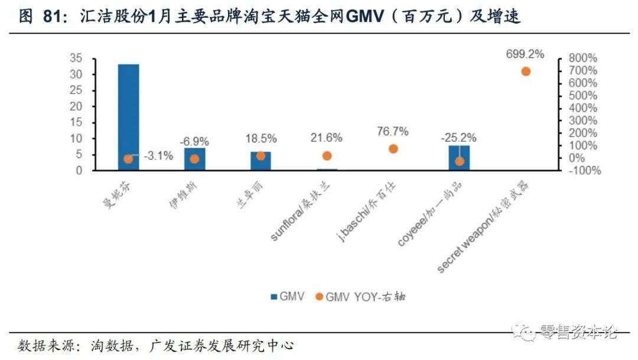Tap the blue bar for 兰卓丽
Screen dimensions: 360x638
(261, 161)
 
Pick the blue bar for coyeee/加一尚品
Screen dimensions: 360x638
(459, 158)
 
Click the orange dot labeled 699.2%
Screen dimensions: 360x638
(525, 72)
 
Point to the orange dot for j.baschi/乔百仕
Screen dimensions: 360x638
(393, 149)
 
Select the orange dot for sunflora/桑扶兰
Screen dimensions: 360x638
(327, 156)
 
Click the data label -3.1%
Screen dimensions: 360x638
(158, 156)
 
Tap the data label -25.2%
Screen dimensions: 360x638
(459, 138)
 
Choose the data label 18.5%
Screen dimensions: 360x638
(261, 138)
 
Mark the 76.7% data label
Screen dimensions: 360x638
(393, 131)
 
